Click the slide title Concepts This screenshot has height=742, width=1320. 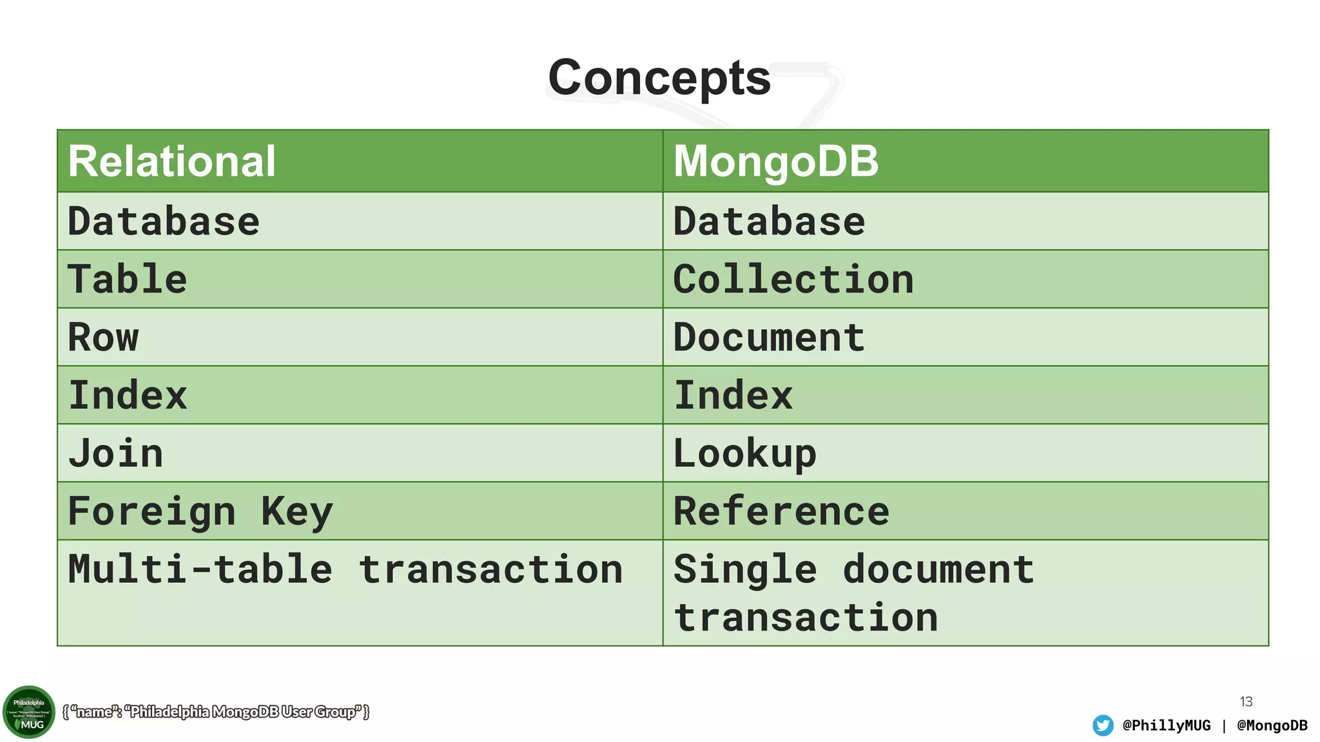pos(659,78)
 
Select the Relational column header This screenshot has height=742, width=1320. pos(172,161)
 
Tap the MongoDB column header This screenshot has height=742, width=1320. pos(776,161)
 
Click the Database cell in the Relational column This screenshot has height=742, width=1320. pos(164,222)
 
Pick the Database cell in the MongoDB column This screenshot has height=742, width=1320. pos(769,222)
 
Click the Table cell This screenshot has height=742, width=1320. pos(128,280)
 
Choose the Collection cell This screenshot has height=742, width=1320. pos(793,280)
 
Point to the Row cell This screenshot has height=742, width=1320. pos(103,338)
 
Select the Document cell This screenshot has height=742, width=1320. pos(769,338)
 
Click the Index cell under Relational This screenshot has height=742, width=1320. pos(128,395)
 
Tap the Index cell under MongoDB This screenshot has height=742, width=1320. pos(733,395)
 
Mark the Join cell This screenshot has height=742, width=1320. pos(116,453)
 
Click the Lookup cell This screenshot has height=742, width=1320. pos(745,453)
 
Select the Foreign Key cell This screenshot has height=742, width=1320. pos(200,511)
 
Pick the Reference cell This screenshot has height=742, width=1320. pos(781,511)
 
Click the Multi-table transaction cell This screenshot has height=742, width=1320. pos(345,570)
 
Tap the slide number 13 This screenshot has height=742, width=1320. pos(1246,701)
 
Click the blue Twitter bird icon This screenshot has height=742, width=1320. pos(1103,725)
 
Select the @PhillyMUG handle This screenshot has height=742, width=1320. pos(1167,725)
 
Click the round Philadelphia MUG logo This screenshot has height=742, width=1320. pos(29,712)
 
